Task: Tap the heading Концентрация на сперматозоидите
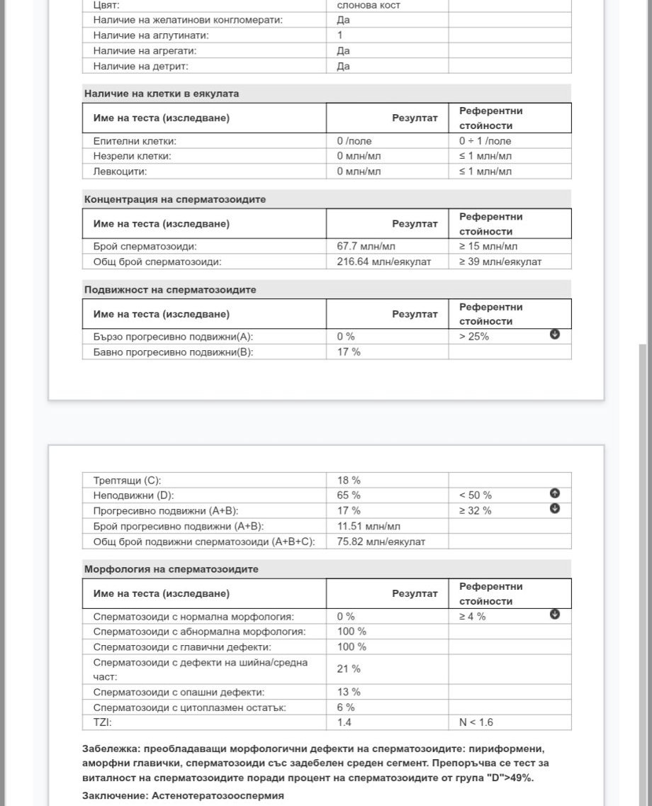pyautogui.click(x=175, y=200)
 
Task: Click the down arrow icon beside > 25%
pyautogui.click(x=555, y=335)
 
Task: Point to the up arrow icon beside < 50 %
pyautogui.click(x=555, y=493)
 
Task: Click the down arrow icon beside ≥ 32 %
pyautogui.click(x=555, y=509)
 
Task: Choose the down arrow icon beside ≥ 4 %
pyautogui.click(x=555, y=615)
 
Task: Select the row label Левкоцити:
pyautogui.click(x=120, y=172)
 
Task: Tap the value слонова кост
pyautogui.click(x=369, y=5)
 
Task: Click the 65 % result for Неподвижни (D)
pyautogui.click(x=349, y=496)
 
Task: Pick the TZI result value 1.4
pyautogui.click(x=344, y=723)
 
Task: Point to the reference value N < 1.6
pyautogui.click(x=476, y=723)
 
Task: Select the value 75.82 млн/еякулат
pyautogui.click(x=381, y=542)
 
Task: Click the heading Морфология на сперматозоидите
pyautogui.click(x=172, y=569)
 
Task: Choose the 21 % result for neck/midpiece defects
pyautogui.click(x=349, y=668)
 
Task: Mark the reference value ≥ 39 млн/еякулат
pyautogui.click(x=500, y=262)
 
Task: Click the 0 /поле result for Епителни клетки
pyautogui.click(x=354, y=141)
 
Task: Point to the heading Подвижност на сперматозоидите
pyautogui.click(x=170, y=290)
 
